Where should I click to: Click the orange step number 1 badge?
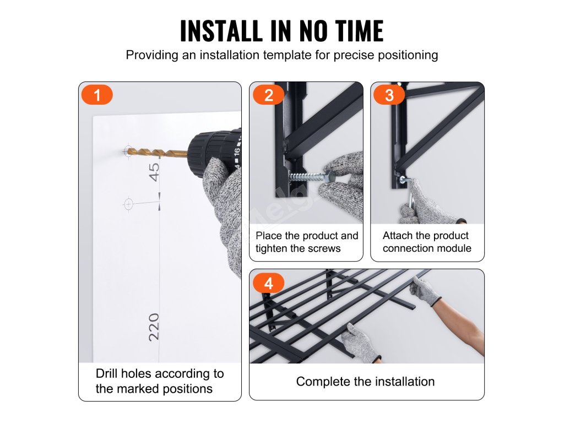tap(97, 95)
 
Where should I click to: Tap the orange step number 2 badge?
tap(268, 95)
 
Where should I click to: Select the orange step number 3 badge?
tap(389, 95)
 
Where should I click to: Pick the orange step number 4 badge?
tap(268, 284)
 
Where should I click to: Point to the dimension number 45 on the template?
tap(154, 172)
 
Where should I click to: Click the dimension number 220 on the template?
tap(154, 327)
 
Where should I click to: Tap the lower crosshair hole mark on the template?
tap(128, 204)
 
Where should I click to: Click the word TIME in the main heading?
tap(359, 31)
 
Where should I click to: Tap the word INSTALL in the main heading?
tap(221, 31)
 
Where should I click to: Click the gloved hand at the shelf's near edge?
tap(360, 341)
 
